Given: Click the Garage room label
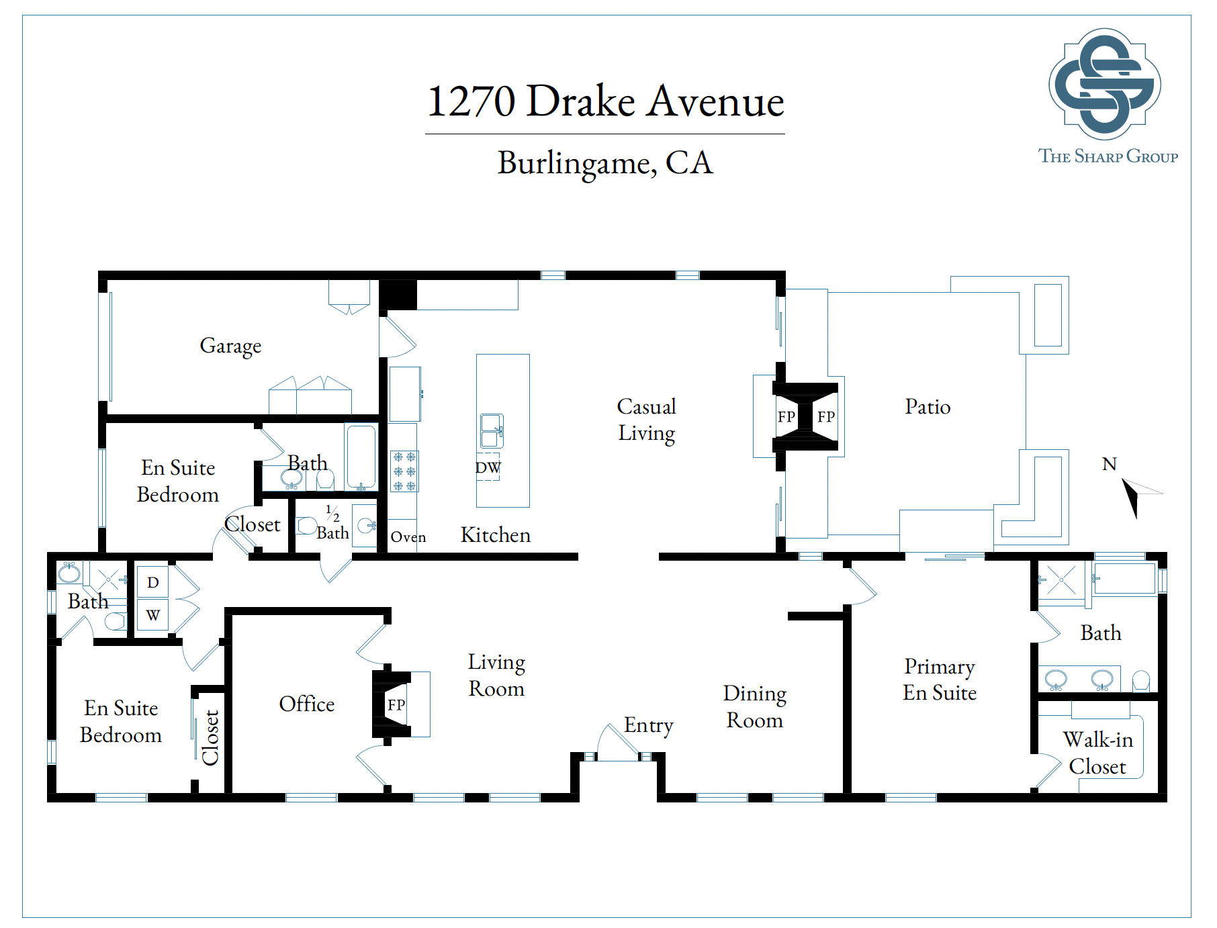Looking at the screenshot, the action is point(230,346).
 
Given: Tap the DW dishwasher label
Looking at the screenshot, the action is point(488,467).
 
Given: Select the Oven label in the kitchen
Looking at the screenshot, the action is point(408,537).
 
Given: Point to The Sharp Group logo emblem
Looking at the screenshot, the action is point(1105,84).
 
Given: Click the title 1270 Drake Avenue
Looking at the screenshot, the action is point(605,101).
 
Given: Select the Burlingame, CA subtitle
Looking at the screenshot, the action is point(605,163).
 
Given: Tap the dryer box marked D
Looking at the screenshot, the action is point(152,582).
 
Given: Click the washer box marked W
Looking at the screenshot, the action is point(152,614).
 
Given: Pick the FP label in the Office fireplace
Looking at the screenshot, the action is point(396,705).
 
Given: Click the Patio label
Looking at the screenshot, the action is point(928,407).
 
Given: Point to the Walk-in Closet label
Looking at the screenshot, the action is point(1098,753).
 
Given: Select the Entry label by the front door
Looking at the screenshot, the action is point(648,726).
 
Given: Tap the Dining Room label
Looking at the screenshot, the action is point(755,707).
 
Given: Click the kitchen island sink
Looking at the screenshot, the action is point(492,431).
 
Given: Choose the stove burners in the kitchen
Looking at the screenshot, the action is point(404,471).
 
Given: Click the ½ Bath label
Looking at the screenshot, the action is point(333,523).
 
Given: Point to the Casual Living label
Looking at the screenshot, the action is point(647,420).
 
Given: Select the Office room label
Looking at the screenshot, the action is point(307,704).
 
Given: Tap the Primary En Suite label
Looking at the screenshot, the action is point(940,680).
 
